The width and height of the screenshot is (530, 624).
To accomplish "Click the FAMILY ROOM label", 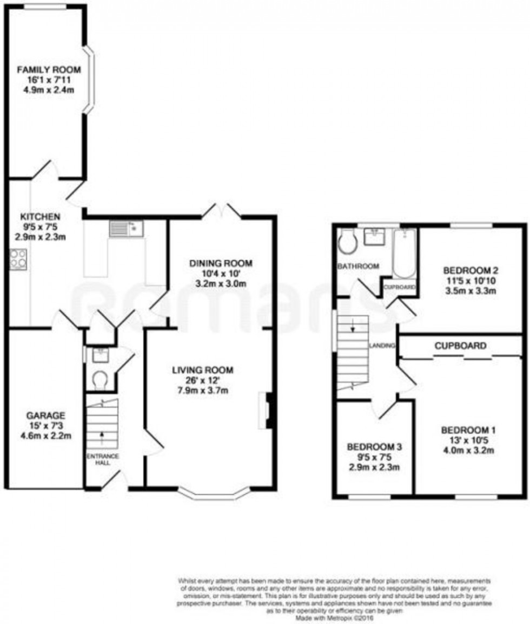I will [x=48, y=69].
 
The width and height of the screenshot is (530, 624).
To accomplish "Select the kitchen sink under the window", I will [x=125, y=229].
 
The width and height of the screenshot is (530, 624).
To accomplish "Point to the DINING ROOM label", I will [x=221, y=264].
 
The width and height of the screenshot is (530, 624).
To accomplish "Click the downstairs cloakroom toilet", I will [x=99, y=381].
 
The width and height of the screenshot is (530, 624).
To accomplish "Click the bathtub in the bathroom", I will [x=404, y=254].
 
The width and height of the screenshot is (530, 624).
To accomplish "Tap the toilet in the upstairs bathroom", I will [x=346, y=242].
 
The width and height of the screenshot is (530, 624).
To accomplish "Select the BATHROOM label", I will [x=357, y=266].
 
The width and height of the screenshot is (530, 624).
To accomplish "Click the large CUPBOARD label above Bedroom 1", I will [x=460, y=345].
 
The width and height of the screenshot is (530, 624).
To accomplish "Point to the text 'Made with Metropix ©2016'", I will [x=328, y=616].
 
